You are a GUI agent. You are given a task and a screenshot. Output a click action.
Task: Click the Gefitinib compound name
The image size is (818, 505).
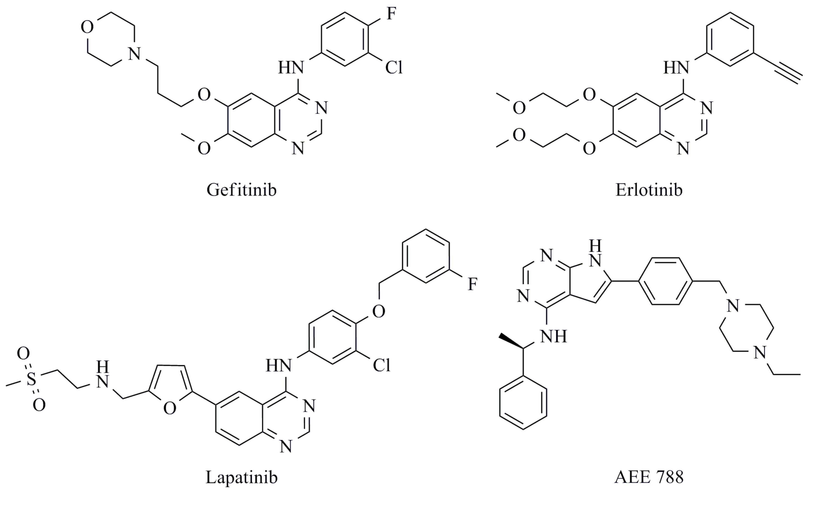click(x=241, y=190)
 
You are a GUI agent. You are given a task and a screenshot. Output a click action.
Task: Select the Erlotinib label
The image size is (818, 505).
click(x=649, y=190)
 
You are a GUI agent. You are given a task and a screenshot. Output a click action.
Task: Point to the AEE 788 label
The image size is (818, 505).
click(x=649, y=477)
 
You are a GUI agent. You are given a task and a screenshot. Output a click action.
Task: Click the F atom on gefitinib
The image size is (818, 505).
click(x=391, y=14)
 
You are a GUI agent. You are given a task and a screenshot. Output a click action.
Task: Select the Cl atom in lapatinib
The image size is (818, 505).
click(x=381, y=366)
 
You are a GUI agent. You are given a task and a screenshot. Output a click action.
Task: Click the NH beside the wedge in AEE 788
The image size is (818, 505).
click(x=553, y=337)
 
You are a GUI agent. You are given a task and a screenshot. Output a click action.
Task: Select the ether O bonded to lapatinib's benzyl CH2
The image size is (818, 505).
click(x=378, y=312)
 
